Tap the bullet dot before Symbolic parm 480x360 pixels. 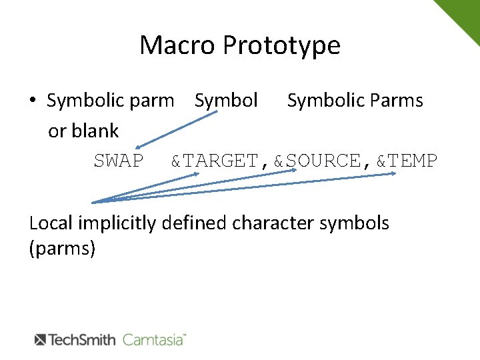pyautogui.click(x=33, y=101)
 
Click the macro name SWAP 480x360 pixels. pyautogui.click(x=118, y=161)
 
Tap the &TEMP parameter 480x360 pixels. pyautogui.click(x=407, y=161)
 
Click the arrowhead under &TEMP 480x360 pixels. pyautogui.click(x=393, y=175)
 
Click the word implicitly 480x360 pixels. pyautogui.click(x=120, y=223)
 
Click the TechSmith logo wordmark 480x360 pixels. pyautogui.click(x=75, y=339)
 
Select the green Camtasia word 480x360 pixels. pyautogui.click(x=153, y=339)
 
